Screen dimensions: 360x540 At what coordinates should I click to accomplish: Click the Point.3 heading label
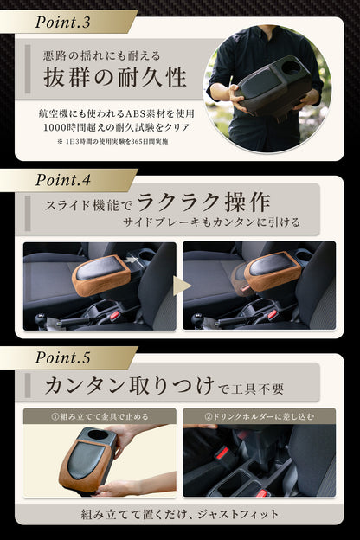coord(62,22)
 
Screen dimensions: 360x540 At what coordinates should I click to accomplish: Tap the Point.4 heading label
coord(62,180)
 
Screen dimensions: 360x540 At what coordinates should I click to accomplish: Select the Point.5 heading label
coord(62,357)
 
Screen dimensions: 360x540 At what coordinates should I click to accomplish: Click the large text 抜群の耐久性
coord(115,78)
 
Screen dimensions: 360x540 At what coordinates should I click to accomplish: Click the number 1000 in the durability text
coord(54,127)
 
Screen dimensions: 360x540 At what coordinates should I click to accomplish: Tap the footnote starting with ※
coord(112,142)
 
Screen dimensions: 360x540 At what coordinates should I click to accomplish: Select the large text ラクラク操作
coord(203,202)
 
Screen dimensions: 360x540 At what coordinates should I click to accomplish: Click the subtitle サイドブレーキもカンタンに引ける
coord(211,222)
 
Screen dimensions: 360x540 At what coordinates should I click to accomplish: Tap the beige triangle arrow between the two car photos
coord(181,286)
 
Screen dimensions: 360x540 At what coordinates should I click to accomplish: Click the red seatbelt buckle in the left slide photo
coord(115,314)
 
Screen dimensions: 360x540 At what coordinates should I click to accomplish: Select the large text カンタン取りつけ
coord(130,385)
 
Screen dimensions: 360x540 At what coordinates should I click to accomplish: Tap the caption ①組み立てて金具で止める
coord(100,417)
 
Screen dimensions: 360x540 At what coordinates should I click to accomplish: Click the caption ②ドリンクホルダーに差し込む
coord(259,417)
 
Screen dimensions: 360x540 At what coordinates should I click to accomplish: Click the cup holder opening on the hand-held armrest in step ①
coord(98,434)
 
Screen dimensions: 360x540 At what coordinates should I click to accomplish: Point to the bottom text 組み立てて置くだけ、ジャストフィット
coord(179,515)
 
